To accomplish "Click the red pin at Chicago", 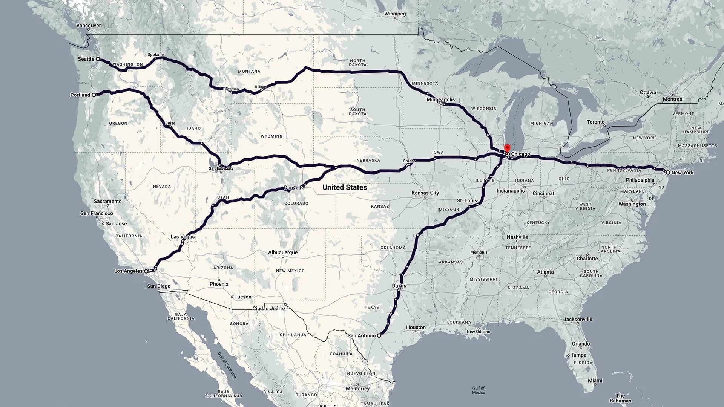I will point(507,148).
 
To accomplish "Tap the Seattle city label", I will point(86,59).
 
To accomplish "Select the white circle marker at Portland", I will point(94,95).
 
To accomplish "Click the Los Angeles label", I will point(128,271).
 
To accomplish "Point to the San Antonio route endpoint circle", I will point(379,335).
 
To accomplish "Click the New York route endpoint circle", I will point(668,173).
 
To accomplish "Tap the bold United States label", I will point(344,187).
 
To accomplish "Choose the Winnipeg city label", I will point(395,14).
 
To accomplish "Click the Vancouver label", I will point(89,26).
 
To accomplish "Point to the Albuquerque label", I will point(283,252).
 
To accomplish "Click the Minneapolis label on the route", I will point(440,100).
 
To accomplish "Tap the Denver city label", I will point(293,188).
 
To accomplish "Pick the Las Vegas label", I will point(183,237).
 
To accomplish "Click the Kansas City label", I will point(425,193).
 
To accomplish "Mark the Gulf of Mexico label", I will point(478,390).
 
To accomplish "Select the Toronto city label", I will point(596,122).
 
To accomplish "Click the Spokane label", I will point(156,55).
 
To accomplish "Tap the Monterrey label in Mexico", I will point(357,389).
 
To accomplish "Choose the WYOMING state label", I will point(271,136).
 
